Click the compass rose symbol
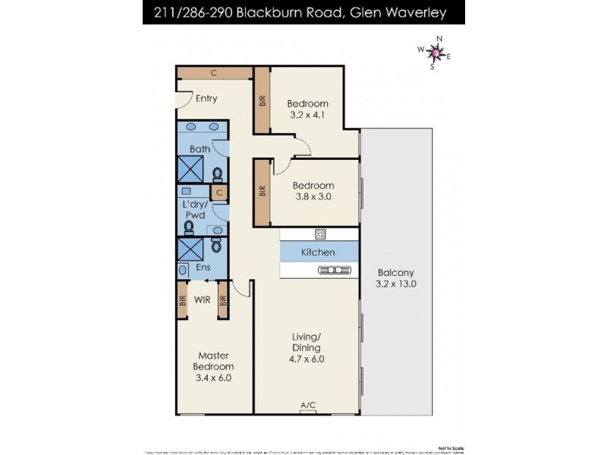click(434, 52)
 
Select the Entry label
click(206, 99)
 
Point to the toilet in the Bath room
click(218, 175)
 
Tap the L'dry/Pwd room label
click(196, 210)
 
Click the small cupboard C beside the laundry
click(219, 193)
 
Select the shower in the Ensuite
click(190, 248)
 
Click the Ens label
click(203, 268)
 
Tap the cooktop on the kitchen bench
click(320, 234)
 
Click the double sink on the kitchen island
click(338, 269)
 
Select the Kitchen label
click(318, 252)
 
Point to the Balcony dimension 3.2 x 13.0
click(396, 284)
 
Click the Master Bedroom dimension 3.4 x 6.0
click(213, 377)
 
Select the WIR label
click(202, 300)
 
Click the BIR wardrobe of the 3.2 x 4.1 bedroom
click(262, 102)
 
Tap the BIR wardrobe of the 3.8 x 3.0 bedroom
click(262, 192)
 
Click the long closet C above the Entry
click(215, 73)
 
